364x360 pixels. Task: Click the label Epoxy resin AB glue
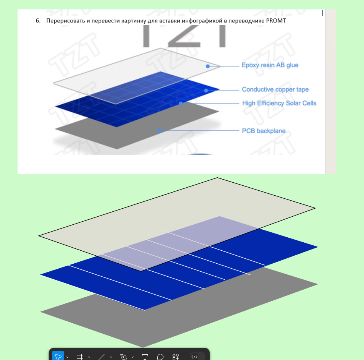click(270, 65)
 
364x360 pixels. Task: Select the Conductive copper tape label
click(275, 89)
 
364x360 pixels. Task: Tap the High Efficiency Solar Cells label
click(279, 103)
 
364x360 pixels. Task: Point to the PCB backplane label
click(264, 131)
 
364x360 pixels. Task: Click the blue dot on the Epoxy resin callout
click(208, 66)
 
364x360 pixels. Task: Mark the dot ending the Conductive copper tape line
click(206, 90)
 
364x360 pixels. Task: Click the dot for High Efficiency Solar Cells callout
click(181, 103)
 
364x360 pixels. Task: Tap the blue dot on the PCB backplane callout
click(159, 131)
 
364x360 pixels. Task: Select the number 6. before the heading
click(38, 21)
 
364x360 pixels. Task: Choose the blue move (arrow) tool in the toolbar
click(58, 356)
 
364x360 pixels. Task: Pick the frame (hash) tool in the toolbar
click(80, 357)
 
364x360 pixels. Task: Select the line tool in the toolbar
click(102, 357)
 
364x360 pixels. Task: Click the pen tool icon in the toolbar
click(123, 357)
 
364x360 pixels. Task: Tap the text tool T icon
click(145, 357)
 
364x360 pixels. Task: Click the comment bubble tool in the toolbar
click(160, 357)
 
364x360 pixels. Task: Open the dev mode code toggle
click(194, 357)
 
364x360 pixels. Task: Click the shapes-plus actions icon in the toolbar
click(176, 357)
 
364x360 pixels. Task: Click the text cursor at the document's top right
click(322, 13)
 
